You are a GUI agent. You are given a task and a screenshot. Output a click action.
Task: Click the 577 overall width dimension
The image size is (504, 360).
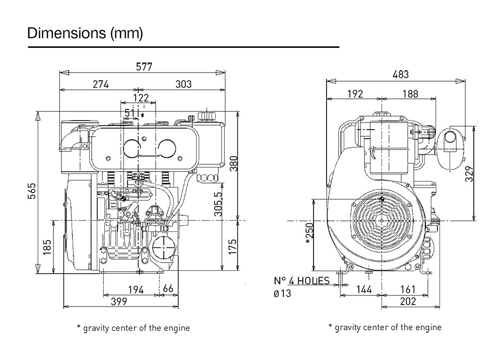click(144, 67)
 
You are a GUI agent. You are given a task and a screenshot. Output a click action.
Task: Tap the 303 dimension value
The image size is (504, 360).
click(183, 84)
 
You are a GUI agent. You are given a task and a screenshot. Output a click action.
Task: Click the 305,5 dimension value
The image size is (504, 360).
click(218, 204)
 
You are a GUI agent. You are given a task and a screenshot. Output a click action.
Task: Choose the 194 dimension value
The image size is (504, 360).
click(135, 289)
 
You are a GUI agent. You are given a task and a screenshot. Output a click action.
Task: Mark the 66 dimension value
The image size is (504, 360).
click(168, 289)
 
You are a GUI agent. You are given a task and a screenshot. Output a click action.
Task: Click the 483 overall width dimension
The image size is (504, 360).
click(400, 74)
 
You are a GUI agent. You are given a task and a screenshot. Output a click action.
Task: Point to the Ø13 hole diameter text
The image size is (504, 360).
click(283, 293)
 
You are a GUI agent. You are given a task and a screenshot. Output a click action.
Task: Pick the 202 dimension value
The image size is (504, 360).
click(408, 302)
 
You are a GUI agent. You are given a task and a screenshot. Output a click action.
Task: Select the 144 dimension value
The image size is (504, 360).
click(363, 289)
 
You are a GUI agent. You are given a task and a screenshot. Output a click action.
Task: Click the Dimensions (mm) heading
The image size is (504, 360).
click(85, 33)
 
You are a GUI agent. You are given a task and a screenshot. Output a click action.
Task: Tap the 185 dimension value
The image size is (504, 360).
click(47, 247)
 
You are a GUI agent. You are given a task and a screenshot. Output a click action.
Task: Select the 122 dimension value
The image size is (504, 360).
click(141, 97)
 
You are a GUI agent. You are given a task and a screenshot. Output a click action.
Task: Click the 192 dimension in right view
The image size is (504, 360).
click(354, 93)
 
